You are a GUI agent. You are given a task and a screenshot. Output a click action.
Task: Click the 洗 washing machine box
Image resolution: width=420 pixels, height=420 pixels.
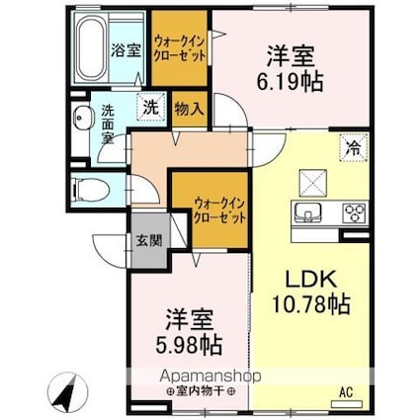pos(152,106)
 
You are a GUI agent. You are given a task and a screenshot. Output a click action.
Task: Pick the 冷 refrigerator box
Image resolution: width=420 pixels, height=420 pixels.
pos(352,147)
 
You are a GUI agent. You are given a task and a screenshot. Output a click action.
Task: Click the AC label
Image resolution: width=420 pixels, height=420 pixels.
pos(346,392)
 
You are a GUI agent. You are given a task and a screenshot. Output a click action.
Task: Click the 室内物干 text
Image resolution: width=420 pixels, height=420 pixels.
pos(188,392)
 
